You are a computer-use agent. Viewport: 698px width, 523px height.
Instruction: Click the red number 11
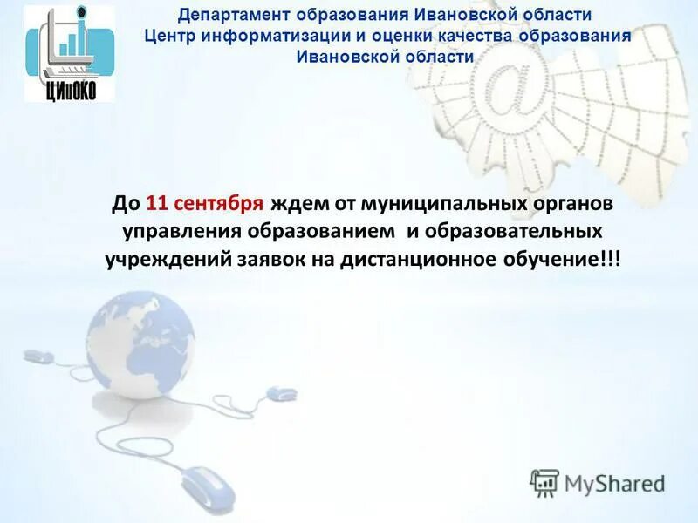(156, 203)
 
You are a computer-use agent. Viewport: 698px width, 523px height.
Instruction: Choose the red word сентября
(217, 203)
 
